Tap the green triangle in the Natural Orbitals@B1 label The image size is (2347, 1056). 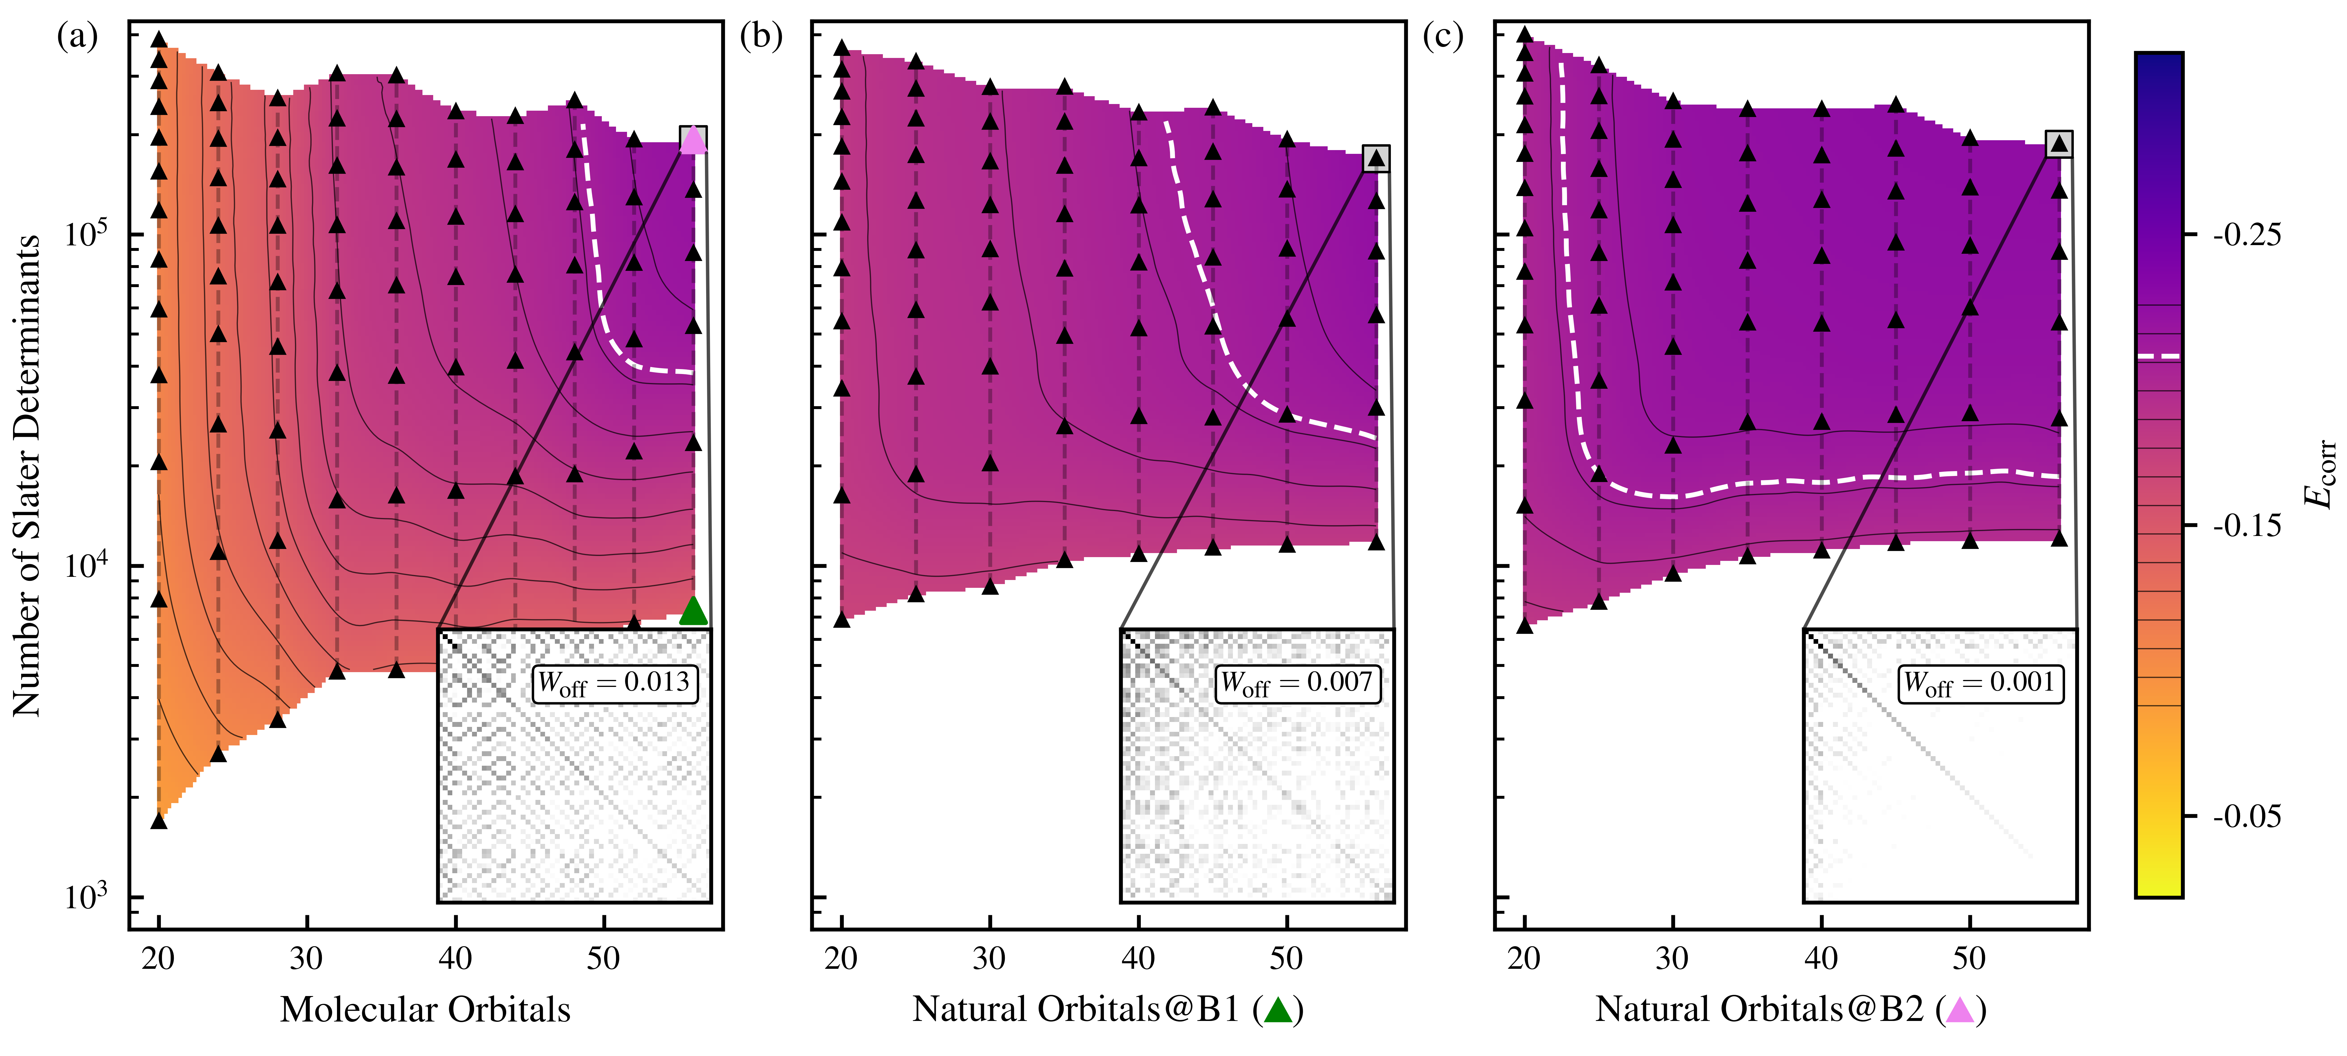(x=1278, y=1010)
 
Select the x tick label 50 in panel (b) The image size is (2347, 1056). (x=1287, y=958)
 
